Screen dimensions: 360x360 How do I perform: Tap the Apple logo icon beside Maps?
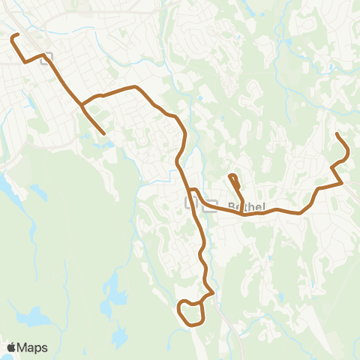pos(11,347)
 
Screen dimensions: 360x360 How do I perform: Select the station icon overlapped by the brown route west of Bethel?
pos(191,203)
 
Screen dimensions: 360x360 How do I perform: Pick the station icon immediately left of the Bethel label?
pos(211,204)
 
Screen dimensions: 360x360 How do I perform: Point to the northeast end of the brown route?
pos(337,133)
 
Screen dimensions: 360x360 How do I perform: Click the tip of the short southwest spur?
pos(103,134)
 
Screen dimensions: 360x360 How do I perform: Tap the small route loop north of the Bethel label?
pos(233,178)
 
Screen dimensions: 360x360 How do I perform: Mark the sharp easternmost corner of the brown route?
pos(342,183)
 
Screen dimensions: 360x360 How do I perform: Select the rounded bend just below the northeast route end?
pos(346,155)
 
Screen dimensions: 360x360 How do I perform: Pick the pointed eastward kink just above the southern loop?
pos(214,291)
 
